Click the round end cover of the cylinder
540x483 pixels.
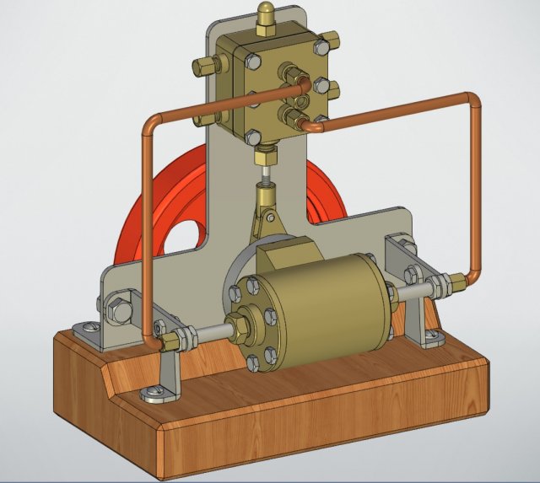click(252, 321)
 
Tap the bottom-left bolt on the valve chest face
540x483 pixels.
click(252, 136)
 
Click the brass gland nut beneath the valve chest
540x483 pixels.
click(265, 157)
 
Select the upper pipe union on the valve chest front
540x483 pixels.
click(294, 82)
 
